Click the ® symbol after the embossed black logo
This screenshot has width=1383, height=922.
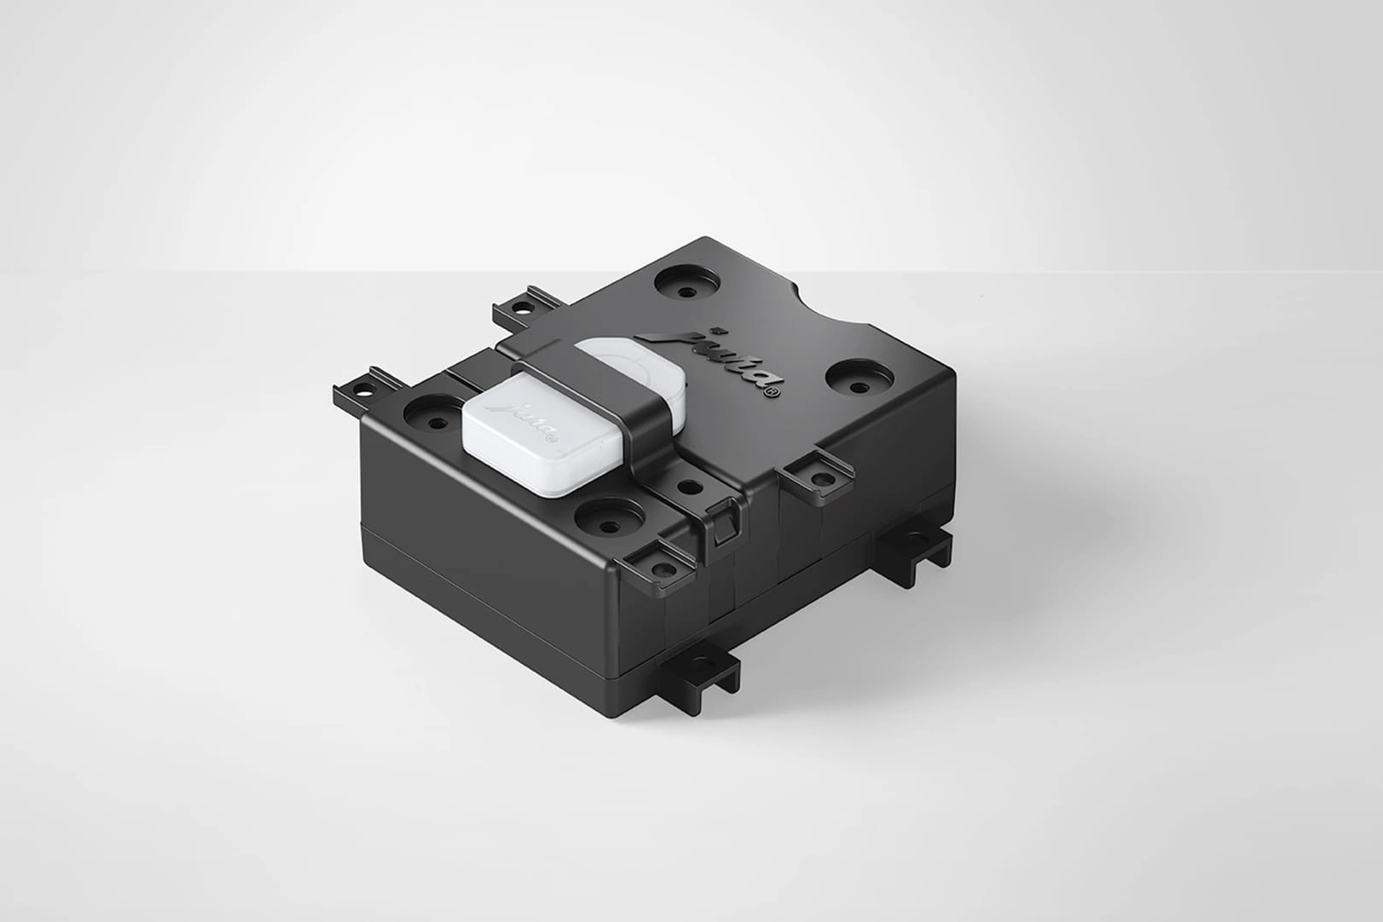point(773,395)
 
